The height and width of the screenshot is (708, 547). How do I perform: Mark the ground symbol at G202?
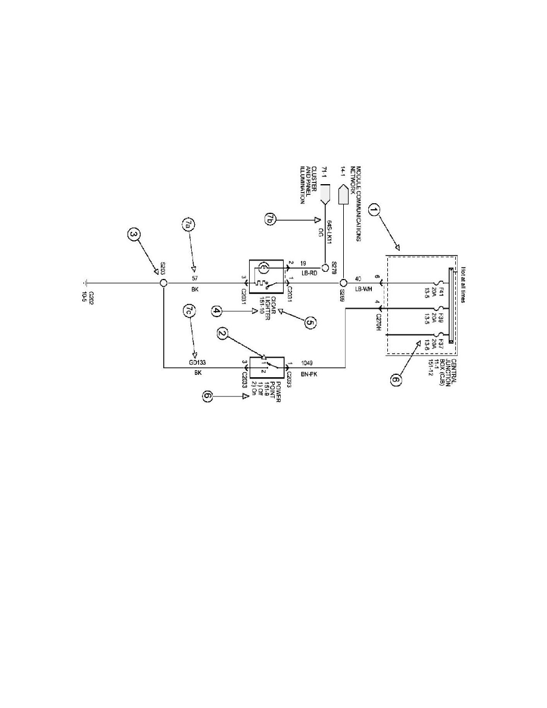88,284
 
